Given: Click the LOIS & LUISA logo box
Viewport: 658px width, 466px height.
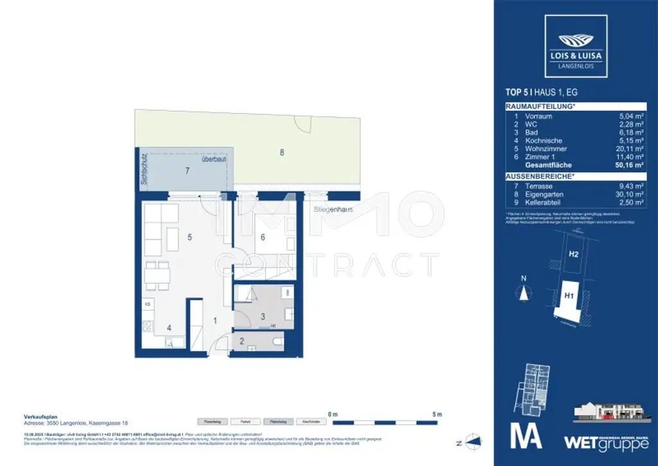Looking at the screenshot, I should (x=575, y=46).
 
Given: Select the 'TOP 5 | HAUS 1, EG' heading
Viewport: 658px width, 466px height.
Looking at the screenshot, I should (x=541, y=93).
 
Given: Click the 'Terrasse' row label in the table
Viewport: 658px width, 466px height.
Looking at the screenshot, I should (x=538, y=185).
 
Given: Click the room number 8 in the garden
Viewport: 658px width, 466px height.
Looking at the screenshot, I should (x=281, y=153).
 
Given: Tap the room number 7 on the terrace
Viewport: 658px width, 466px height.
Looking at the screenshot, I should (x=187, y=171).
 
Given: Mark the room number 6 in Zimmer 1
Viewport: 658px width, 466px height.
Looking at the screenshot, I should (x=262, y=237).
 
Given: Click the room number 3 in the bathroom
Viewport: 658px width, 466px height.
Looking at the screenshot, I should (x=263, y=317).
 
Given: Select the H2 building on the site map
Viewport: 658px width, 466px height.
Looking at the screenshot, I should (x=574, y=254).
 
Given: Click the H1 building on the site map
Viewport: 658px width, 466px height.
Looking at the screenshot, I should (x=569, y=296).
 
